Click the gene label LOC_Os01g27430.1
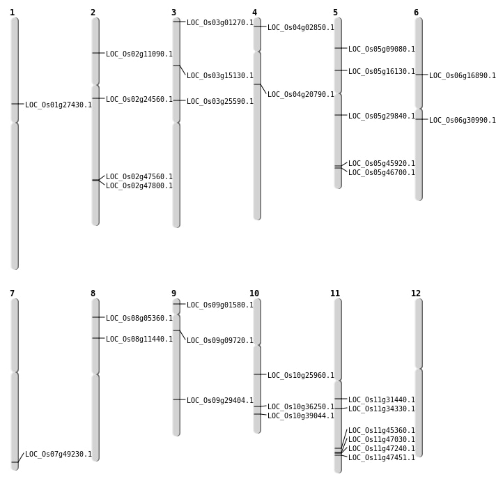59,105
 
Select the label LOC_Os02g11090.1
139,54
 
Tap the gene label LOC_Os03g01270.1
220,23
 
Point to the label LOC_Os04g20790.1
301,95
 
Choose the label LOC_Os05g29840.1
382,116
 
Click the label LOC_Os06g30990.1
463,121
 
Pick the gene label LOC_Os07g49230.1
59,455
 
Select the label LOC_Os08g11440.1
139,340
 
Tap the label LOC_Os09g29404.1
220,401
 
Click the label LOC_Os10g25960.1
301,376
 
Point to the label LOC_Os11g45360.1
382,431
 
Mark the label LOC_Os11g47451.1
382,458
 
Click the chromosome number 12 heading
416,293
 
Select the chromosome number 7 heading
12,293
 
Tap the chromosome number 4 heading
254,13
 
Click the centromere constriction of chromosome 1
15,122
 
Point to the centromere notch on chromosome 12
419,368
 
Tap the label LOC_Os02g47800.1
139,186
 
